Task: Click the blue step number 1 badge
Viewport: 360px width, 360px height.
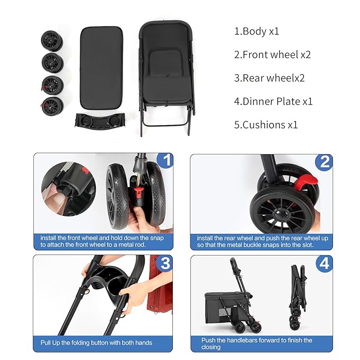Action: click(x=166, y=161)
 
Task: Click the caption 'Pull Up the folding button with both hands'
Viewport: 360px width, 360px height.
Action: click(x=96, y=343)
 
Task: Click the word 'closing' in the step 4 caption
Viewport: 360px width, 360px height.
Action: click(x=210, y=347)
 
